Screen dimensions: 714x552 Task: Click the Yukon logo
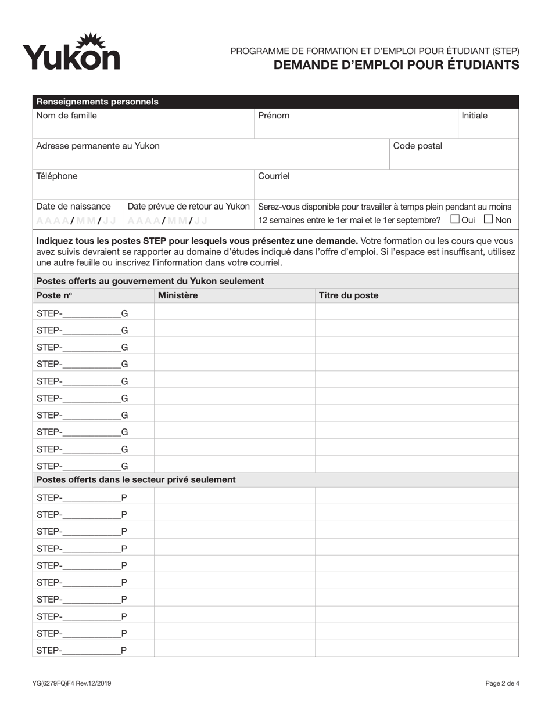(x=71, y=52)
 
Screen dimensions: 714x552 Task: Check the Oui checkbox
(x=455, y=219)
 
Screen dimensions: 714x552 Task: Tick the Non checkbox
(x=488, y=219)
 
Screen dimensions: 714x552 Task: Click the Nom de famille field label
(x=66, y=116)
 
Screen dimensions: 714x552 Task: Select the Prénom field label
(x=274, y=116)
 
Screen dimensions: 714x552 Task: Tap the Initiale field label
(x=474, y=116)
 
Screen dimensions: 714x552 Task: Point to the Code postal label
(x=418, y=146)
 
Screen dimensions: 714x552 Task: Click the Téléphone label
(x=56, y=176)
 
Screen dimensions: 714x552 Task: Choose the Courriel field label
(x=274, y=176)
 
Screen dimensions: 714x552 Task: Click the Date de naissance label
(x=73, y=206)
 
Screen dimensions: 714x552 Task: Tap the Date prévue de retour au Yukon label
(x=188, y=206)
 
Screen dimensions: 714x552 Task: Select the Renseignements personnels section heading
(x=97, y=102)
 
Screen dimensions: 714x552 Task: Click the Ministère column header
(x=178, y=295)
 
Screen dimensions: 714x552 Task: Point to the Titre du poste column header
(x=349, y=295)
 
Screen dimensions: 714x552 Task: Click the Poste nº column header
(x=54, y=295)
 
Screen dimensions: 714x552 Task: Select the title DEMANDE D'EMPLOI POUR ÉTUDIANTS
(x=396, y=64)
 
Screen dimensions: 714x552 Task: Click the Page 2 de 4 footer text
(x=502, y=683)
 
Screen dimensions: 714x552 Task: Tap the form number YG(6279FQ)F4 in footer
(x=71, y=683)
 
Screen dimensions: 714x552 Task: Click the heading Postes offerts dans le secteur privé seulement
(x=136, y=479)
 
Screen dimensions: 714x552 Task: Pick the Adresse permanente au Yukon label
(x=98, y=146)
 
